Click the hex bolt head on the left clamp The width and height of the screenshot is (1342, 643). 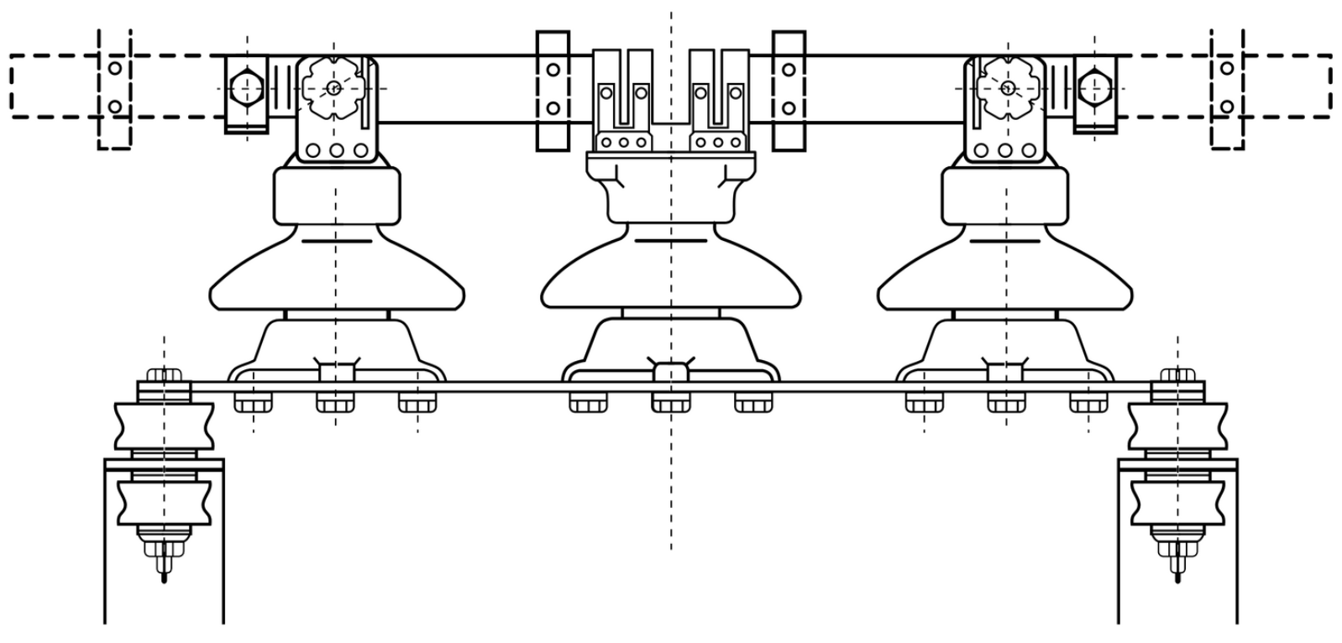tap(245, 87)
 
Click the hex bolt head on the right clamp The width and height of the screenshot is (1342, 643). tap(1095, 87)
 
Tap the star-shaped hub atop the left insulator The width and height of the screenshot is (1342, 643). tap(333, 87)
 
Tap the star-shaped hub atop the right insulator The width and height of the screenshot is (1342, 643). tap(1007, 87)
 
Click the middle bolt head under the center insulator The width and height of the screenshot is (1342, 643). tap(670, 404)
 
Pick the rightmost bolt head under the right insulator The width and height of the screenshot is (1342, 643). tap(1088, 404)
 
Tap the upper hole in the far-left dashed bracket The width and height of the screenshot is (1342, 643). tap(115, 68)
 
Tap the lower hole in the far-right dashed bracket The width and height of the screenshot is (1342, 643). tap(1227, 107)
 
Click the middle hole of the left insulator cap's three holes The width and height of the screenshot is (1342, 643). tap(337, 151)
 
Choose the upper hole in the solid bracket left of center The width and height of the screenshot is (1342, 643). tap(553, 70)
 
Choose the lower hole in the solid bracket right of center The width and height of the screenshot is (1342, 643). tap(789, 108)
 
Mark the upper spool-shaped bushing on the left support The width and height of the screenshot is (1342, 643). tap(164, 426)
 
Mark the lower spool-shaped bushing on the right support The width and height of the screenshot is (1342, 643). tap(1177, 501)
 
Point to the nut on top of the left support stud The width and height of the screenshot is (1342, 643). tap(164, 375)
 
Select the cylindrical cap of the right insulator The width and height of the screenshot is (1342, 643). tap(1004, 196)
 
